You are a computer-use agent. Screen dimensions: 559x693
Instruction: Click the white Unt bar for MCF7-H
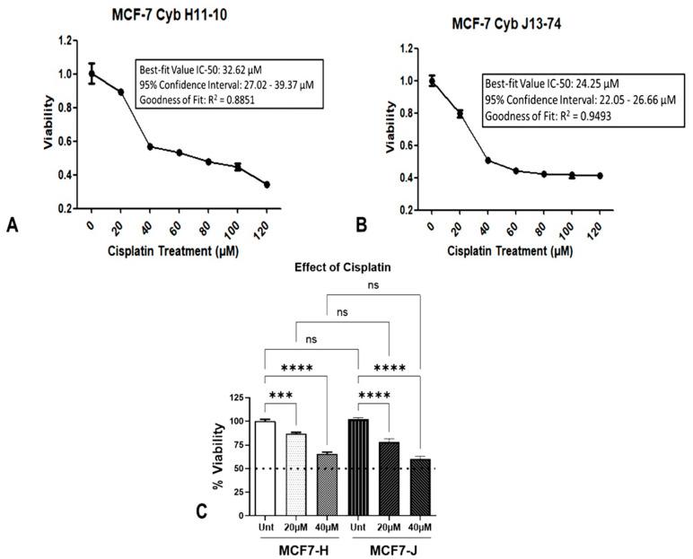click(x=264, y=467)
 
